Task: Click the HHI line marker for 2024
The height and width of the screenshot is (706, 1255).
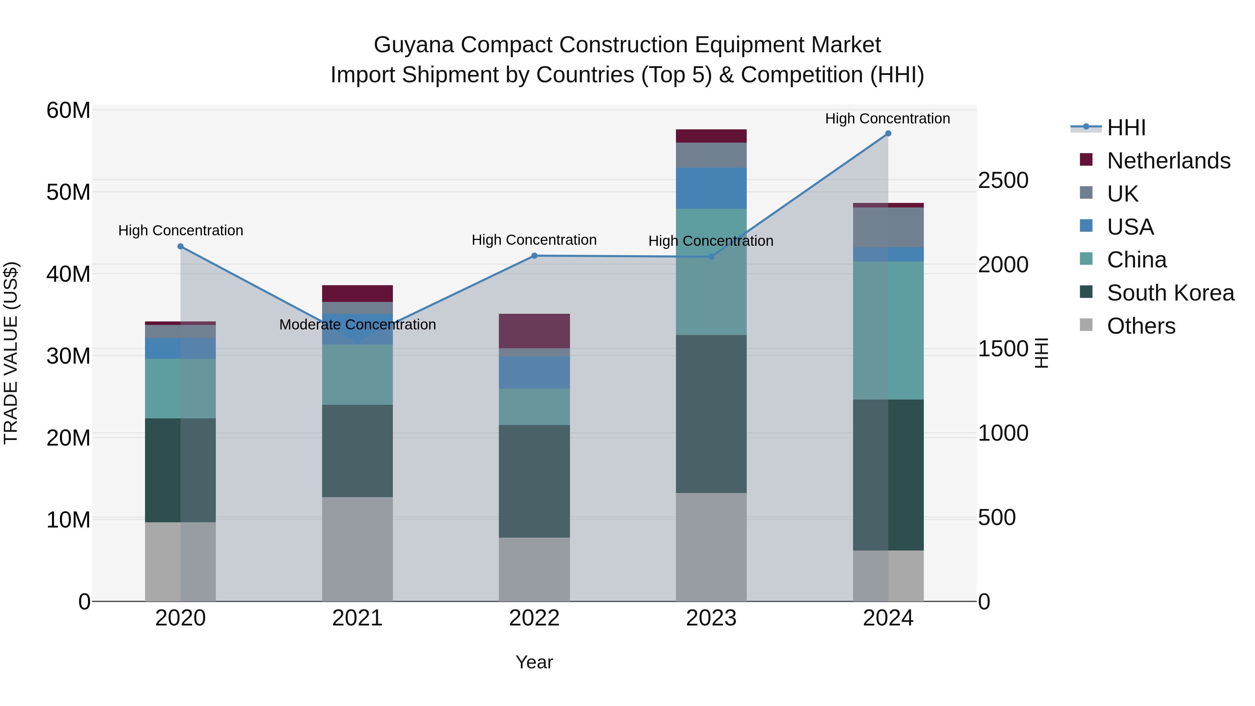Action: pyautogui.click(x=888, y=133)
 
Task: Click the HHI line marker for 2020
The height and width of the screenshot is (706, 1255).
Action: pyautogui.click(x=180, y=246)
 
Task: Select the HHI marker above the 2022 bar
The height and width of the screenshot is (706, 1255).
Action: pyautogui.click(x=534, y=256)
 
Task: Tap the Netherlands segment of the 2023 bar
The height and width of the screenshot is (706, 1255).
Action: pyautogui.click(x=711, y=136)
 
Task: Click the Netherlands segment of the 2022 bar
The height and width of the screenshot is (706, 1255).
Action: pyautogui.click(x=534, y=331)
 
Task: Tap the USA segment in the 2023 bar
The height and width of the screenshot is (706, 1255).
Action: pyautogui.click(x=711, y=188)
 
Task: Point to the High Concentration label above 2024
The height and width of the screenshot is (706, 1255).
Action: pyautogui.click(x=887, y=119)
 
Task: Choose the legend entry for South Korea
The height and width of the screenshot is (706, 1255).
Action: pyautogui.click(x=1170, y=293)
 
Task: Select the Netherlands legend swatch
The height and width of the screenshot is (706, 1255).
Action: pyautogui.click(x=1086, y=160)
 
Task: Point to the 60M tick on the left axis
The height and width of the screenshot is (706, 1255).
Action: pyautogui.click(x=68, y=111)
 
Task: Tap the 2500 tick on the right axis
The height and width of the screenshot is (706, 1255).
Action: pyautogui.click(x=1003, y=180)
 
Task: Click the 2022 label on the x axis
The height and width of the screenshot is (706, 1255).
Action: pyautogui.click(x=534, y=618)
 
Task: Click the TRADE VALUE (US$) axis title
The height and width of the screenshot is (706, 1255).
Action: pyautogui.click(x=11, y=353)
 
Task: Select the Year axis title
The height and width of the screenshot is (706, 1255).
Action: pyautogui.click(x=534, y=662)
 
